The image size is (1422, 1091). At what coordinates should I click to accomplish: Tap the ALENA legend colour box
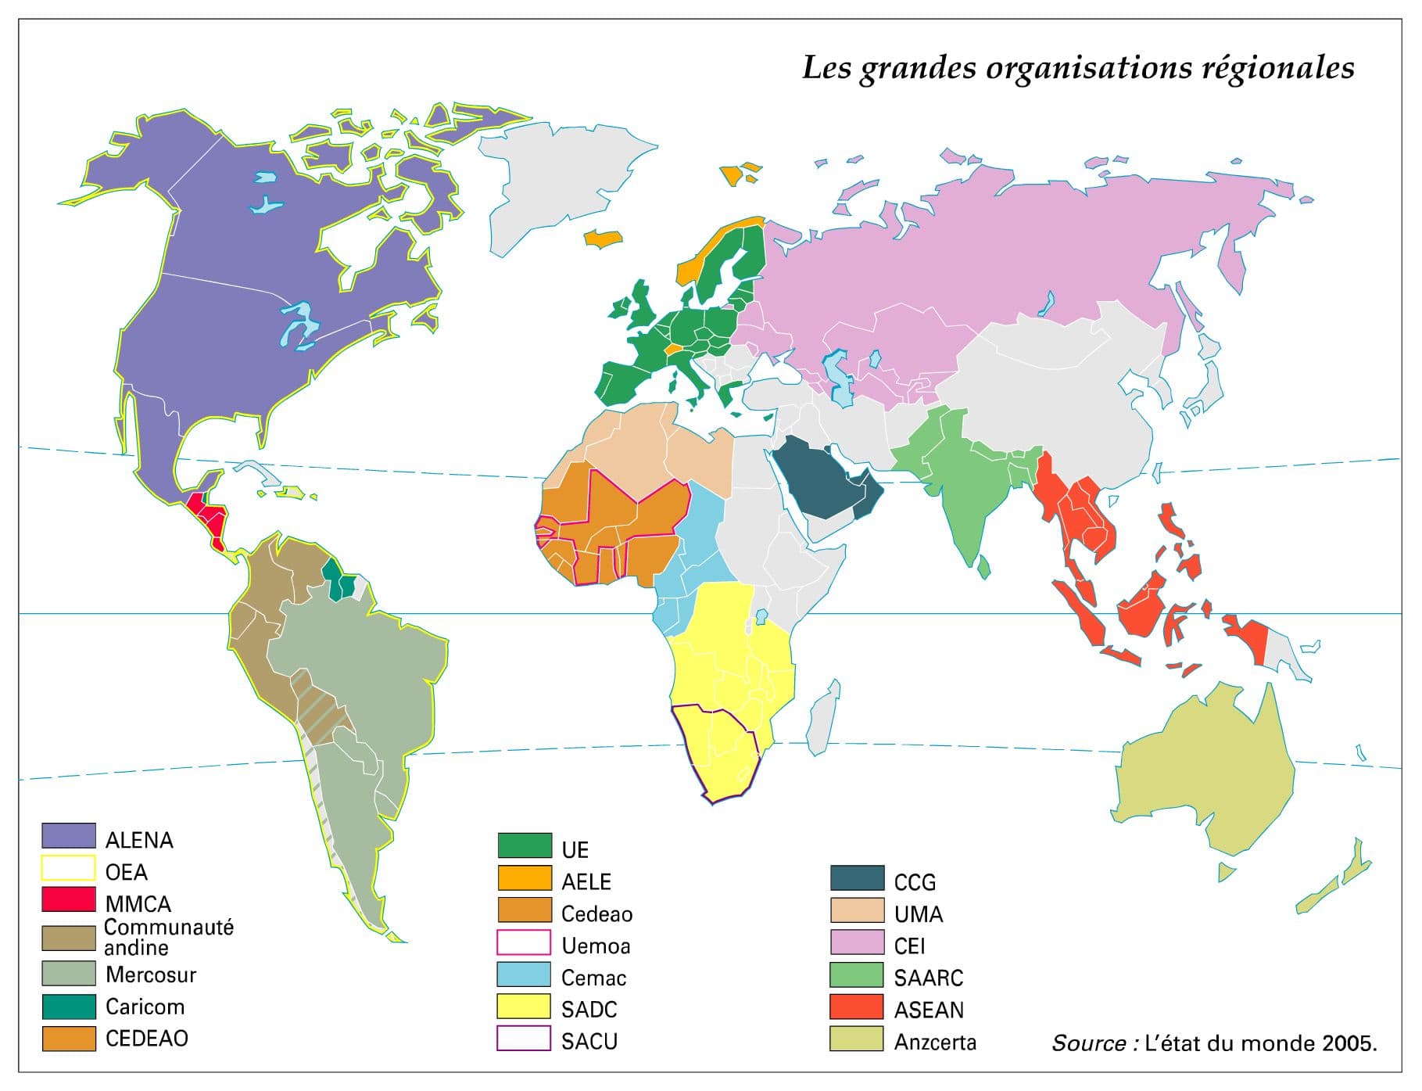69,836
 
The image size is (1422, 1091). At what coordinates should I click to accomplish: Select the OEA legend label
126,871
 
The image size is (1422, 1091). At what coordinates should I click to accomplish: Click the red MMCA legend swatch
69,899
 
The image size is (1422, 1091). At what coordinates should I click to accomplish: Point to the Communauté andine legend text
168,937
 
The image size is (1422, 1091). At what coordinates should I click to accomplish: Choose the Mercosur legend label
150,974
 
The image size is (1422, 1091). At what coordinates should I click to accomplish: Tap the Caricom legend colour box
69,1006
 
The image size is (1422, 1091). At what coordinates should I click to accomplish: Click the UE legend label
575,849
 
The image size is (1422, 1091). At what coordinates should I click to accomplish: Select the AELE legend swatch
525,877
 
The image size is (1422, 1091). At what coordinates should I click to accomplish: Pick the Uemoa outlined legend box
525,942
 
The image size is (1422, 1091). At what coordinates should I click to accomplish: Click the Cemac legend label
593,978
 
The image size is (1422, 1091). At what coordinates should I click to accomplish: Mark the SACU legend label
589,1041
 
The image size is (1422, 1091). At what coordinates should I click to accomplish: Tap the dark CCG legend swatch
857,878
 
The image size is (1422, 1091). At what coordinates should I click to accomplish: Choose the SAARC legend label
928,978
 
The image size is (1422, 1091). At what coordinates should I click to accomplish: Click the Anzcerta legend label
935,1042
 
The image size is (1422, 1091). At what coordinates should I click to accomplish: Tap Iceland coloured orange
604,239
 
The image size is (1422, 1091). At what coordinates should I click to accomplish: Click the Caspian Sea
841,379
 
